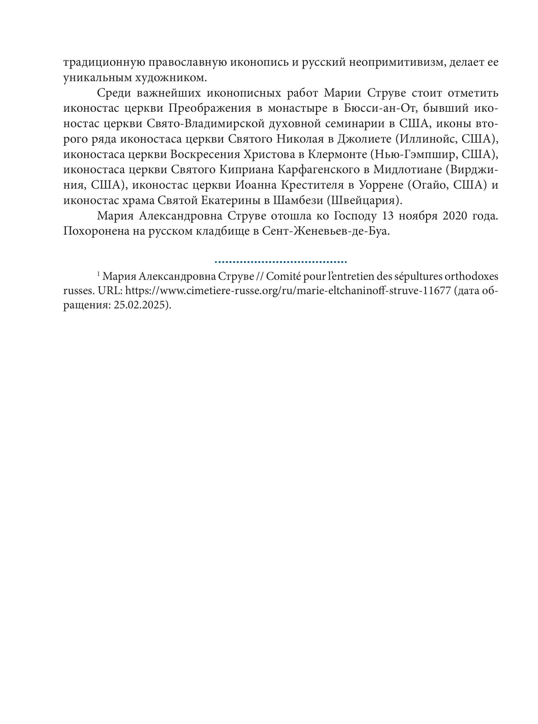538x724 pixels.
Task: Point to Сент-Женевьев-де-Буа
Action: [326, 231]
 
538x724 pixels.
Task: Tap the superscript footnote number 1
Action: [98, 274]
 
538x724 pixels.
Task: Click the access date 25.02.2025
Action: [140, 306]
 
